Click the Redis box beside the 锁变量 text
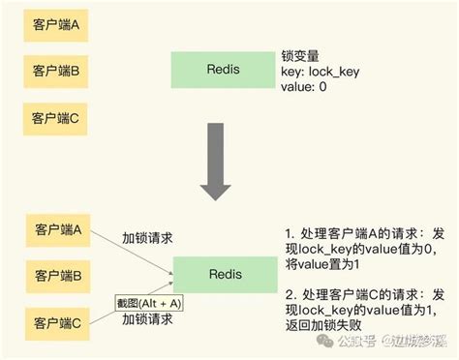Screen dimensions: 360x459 [x=218, y=73]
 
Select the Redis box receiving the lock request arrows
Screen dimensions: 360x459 [x=218, y=274]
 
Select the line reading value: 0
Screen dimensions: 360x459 [x=303, y=89]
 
